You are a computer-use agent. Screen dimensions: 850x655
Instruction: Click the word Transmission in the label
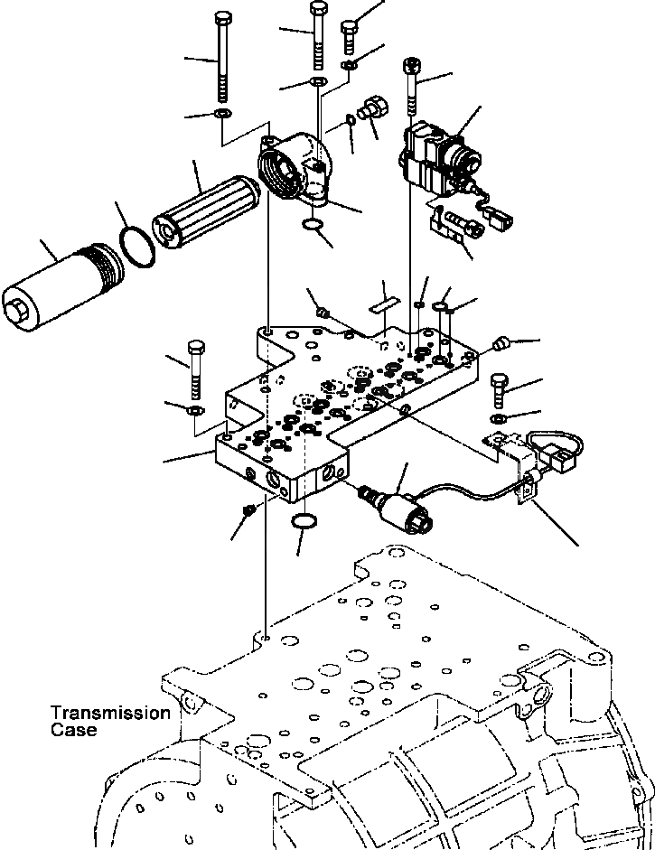click(110, 713)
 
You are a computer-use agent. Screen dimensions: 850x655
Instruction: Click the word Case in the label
click(74, 730)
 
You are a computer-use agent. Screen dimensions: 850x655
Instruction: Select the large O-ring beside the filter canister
click(136, 246)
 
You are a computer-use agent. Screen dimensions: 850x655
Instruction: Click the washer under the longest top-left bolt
click(222, 113)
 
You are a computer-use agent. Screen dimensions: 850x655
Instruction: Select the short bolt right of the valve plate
click(498, 389)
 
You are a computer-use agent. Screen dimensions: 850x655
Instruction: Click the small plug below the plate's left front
click(249, 512)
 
